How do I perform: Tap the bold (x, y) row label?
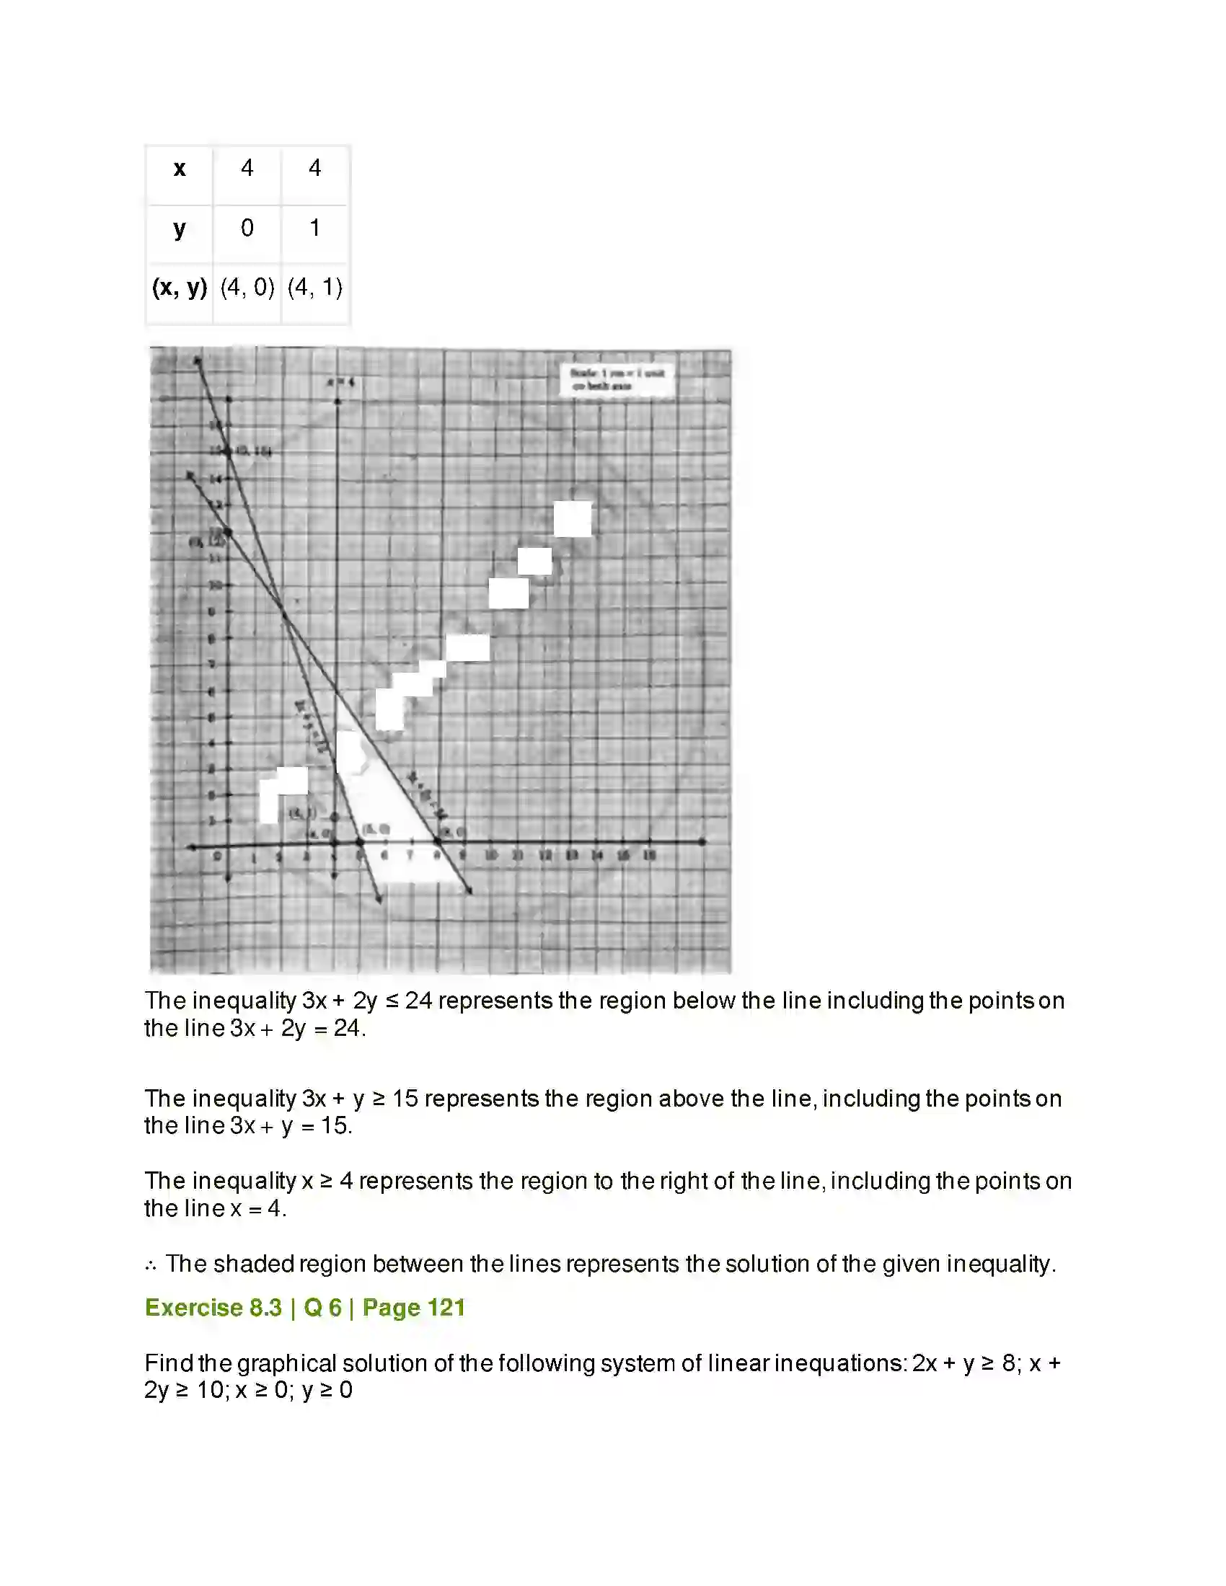tap(180, 288)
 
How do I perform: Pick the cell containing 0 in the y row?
tap(247, 228)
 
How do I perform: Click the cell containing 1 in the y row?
tap(314, 228)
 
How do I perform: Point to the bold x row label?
tap(180, 169)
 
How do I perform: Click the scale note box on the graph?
tap(617, 379)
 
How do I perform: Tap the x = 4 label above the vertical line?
tap(340, 381)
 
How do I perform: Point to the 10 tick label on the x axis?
tap(492, 856)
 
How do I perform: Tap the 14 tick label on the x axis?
tap(597, 856)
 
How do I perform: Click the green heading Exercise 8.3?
tap(213, 1308)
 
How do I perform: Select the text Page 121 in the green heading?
tap(413, 1308)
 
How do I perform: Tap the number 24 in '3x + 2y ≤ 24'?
tap(418, 1001)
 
